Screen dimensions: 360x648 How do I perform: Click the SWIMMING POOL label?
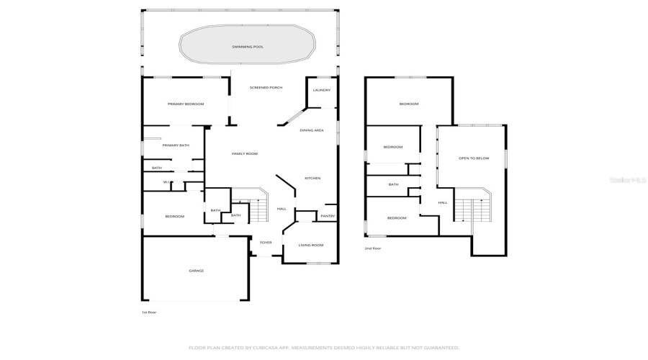tap(247, 47)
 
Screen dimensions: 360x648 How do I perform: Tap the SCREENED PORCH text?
tap(266, 88)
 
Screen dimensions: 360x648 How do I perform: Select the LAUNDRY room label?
tap(322, 90)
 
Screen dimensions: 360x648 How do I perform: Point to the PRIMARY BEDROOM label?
tap(186, 104)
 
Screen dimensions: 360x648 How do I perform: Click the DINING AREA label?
tap(312, 130)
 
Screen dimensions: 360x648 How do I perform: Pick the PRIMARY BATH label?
tap(176, 145)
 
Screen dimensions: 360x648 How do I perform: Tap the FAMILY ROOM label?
tap(244, 153)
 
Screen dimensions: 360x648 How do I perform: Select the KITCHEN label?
tap(312, 178)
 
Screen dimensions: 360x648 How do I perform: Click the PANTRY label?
tap(328, 216)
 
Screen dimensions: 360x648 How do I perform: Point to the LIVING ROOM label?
tap(311, 245)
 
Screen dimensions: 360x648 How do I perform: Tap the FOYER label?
tap(266, 243)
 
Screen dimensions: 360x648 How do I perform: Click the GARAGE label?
tap(196, 271)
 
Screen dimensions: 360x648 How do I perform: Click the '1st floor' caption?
tap(149, 312)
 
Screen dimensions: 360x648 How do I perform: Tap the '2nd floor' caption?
tap(373, 248)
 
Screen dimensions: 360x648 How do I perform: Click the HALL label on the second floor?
tap(443, 202)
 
